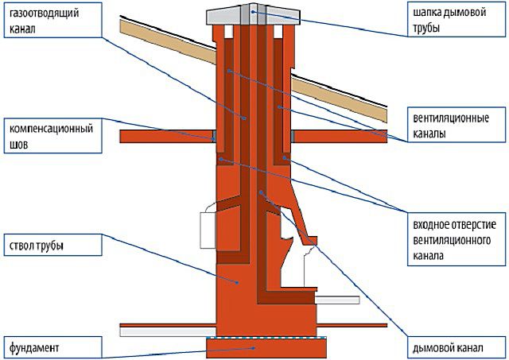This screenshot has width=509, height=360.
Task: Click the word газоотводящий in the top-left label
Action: click(45, 14)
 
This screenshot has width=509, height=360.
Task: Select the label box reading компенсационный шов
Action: click(53, 136)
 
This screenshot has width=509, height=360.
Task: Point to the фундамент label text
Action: click(34, 348)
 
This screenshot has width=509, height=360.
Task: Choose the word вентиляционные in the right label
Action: click(451, 118)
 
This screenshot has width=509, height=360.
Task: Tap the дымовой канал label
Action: click(448, 348)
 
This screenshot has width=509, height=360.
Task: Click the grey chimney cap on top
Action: click(253, 15)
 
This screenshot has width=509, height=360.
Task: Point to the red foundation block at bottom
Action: click(266, 347)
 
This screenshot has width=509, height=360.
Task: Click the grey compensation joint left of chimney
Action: click(214, 136)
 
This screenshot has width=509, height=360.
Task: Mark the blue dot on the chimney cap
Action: click(253, 12)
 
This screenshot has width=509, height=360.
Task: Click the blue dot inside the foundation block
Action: click(254, 348)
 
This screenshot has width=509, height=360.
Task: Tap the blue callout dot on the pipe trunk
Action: click(237, 282)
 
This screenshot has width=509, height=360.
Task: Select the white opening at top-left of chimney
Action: click(228, 32)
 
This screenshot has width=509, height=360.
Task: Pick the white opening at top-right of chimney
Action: click(278, 32)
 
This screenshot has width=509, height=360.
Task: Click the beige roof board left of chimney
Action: click(168, 41)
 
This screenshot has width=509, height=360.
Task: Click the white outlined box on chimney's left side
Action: click(208, 230)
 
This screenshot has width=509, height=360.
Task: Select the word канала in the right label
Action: click(428, 256)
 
